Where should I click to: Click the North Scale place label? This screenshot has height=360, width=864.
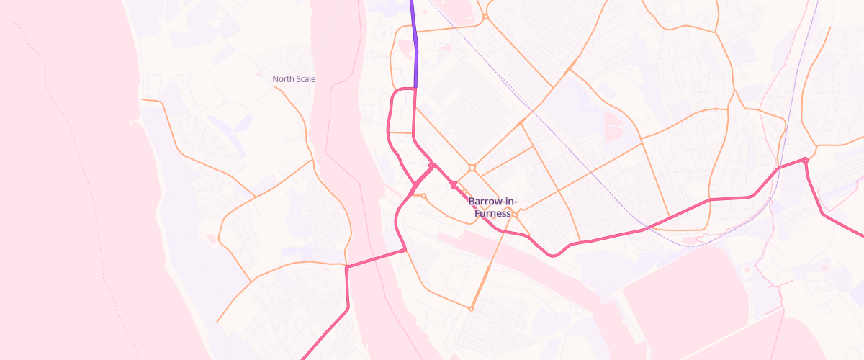tap(294, 79)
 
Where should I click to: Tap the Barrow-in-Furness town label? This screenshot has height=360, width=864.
tap(492, 207)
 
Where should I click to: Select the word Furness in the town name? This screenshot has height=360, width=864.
tap(492, 214)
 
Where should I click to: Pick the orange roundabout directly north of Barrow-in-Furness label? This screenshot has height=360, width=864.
tap(472, 168)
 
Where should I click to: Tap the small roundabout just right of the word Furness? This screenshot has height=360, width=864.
tap(516, 214)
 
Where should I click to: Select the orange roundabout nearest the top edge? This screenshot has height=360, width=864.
tap(486, 16)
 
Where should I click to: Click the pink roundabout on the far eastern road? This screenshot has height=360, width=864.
tap(805, 160)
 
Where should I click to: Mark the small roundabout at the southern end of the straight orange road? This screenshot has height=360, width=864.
tap(471, 309)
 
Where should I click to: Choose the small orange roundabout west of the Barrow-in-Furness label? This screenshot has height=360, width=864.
tap(423, 196)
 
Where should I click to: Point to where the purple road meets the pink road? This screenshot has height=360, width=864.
tap(415, 88)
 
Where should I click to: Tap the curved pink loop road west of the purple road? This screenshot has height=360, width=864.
tap(390, 122)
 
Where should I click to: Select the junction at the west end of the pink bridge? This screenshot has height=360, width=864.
tap(347, 267)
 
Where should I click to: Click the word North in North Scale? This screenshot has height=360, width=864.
tap(281, 79)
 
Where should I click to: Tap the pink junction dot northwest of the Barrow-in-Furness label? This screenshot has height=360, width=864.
tap(431, 166)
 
